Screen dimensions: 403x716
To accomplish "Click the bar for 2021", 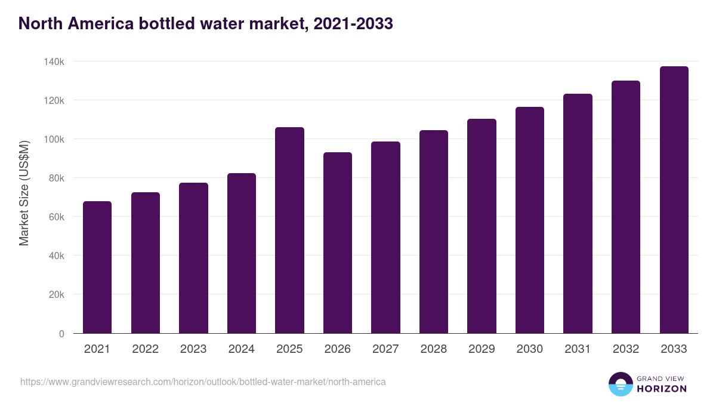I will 97,267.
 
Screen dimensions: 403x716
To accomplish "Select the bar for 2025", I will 289,230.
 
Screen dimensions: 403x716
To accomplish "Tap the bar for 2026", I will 338,243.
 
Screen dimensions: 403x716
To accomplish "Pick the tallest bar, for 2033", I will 674,200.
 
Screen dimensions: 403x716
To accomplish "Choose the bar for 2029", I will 482,226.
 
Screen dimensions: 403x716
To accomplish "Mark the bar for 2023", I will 193,258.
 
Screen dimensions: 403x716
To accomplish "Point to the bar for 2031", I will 578,214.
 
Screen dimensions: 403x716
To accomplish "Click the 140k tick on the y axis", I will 54,61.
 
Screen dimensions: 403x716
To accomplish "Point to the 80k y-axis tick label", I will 56,178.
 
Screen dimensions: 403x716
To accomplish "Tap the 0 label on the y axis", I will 61,334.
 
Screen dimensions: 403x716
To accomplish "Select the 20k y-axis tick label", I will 56,294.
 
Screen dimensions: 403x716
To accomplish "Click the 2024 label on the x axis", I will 241,349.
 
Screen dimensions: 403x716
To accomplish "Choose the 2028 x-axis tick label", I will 433,349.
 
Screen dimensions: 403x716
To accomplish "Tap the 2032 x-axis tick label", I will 626,349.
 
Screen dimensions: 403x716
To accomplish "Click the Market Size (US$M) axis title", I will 24,192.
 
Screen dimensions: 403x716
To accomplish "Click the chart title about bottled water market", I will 205,23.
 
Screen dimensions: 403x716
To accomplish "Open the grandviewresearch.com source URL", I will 203,382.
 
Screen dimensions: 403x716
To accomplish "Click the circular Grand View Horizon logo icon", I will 620,384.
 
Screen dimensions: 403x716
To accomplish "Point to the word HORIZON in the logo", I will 662,389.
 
